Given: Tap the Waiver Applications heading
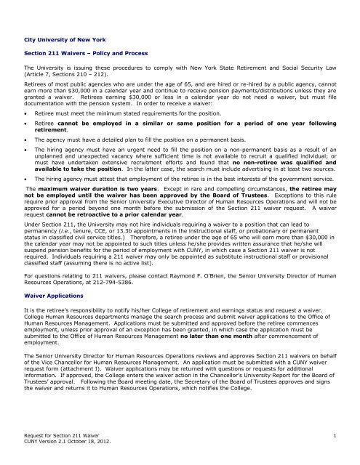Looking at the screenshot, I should (x=51, y=296).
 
